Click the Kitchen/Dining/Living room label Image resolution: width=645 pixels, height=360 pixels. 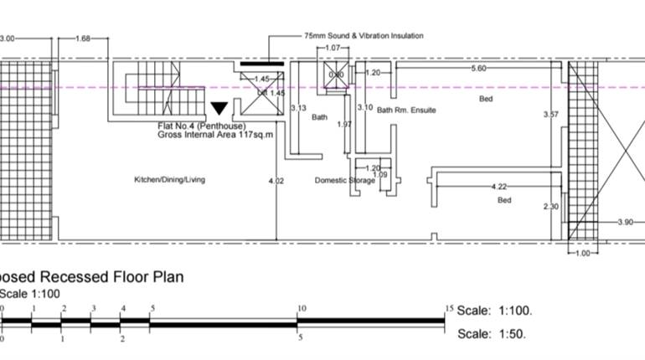point(170,179)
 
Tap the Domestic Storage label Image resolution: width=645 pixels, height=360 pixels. point(345,180)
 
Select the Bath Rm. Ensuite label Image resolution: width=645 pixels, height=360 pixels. point(406,110)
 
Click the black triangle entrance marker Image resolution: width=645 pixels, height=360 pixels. point(219,108)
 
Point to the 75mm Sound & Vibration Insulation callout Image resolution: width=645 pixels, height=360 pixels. point(364,36)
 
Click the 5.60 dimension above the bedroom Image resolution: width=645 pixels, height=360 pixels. point(478,68)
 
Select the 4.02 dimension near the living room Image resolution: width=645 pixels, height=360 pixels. point(276,180)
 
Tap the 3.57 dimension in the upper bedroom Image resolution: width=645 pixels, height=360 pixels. point(550,114)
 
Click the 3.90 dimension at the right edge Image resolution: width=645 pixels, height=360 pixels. point(625,222)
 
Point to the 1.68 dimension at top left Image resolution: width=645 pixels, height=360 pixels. point(83,39)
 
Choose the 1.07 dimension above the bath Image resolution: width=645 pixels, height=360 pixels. point(333,49)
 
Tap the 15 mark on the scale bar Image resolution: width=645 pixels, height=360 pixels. point(449,308)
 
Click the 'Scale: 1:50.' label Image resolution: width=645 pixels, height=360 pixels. point(493,335)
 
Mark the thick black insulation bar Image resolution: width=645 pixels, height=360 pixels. point(261,63)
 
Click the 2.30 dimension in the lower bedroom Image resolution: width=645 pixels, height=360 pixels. point(550,207)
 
